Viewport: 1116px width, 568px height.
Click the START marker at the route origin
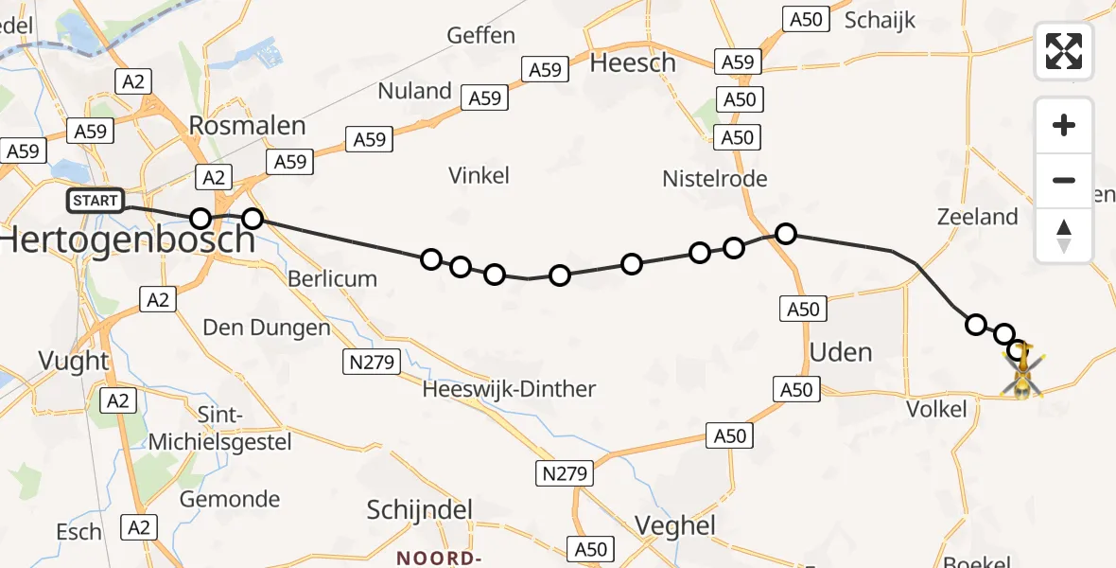click(x=96, y=201)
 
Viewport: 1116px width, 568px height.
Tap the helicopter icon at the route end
click(x=1022, y=372)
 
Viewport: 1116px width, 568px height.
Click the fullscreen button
click(x=1064, y=51)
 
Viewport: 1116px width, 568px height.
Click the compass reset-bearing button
click(x=1064, y=236)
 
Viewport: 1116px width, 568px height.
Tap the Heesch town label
click(x=633, y=63)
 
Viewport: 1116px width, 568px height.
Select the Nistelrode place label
click(x=715, y=179)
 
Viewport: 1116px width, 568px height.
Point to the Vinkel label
click(x=480, y=175)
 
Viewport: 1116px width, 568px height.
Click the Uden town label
click(x=841, y=352)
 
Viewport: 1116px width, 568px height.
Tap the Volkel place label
click(x=936, y=410)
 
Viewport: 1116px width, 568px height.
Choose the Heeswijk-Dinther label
click(x=510, y=389)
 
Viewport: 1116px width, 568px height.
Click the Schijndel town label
click(x=420, y=510)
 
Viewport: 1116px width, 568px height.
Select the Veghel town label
click(x=675, y=525)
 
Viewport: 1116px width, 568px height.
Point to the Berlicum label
click(x=332, y=278)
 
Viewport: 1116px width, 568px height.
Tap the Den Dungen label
click(x=267, y=328)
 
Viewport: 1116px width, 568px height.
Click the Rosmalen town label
click(x=248, y=126)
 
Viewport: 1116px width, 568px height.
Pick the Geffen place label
click(x=481, y=36)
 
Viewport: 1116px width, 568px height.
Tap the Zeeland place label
click(x=977, y=217)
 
